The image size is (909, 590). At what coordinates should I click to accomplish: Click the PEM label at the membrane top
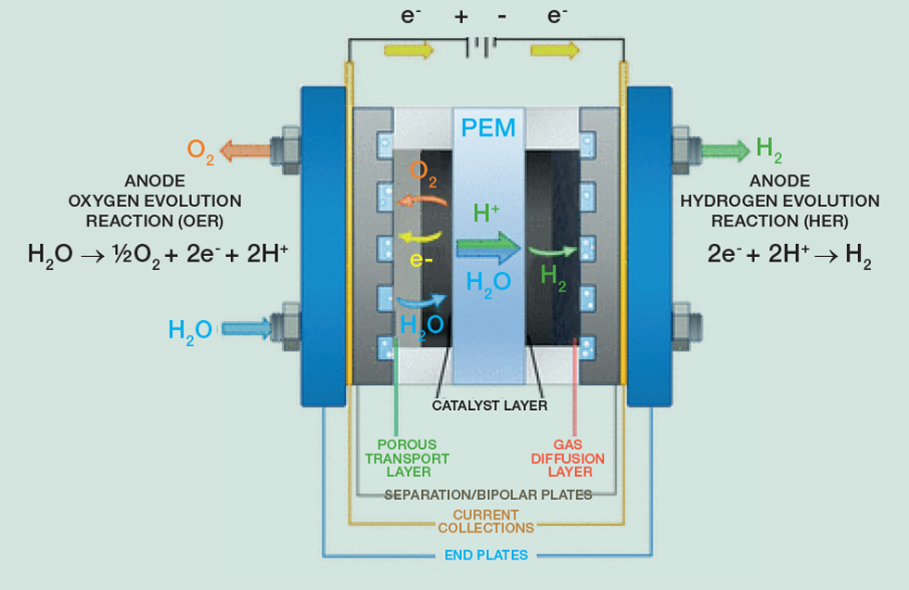pyautogui.click(x=489, y=126)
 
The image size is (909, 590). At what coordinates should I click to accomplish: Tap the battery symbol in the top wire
pyautogui.click(x=481, y=47)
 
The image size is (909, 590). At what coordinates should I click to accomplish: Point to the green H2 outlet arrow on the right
pyautogui.click(x=725, y=149)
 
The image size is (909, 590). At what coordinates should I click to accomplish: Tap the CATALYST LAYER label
pyautogui.click(x=490, y=405)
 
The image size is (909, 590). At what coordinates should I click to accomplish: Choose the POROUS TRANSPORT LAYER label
pyautogui.click(x=413, y=458)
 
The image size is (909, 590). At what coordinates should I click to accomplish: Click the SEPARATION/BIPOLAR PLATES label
pyautogui.click(x=488, y=494)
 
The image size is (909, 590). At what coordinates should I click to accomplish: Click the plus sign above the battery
pyautogui.click(x=461, y=16)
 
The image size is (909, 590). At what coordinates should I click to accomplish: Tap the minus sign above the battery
pyautogui.click(x=502, y=16)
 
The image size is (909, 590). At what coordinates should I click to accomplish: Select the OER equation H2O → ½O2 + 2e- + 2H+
pyautogui.click(x=152, y=255)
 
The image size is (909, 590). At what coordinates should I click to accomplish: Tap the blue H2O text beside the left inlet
pyautogui.click(x=190, y=329)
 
